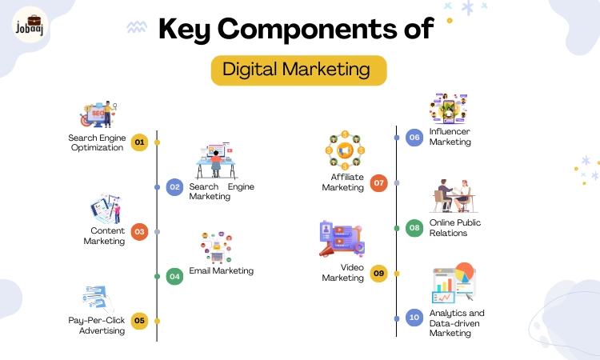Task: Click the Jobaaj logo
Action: pos(30,25)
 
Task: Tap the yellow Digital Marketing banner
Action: pos(299,70)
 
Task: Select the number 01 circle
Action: pos(140,142)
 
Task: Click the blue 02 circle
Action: pos(175,187)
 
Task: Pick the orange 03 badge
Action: pos(140,232)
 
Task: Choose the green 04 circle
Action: pos(175,277)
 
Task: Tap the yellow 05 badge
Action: pos(140,321)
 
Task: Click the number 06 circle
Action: pos(414,138)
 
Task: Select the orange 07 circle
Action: pos(379,183)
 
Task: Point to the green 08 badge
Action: pos(414,228)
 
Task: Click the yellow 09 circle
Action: pos(379,274)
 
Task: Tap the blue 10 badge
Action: pos(414,318)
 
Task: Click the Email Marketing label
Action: pos(221,271)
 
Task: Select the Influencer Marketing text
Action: pos(450,137)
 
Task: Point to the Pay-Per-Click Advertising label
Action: pos(97,325)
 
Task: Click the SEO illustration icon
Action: pos(98,114)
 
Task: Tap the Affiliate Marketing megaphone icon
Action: pos(345,150)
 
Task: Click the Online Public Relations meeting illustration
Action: pos(454,195)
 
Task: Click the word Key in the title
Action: pos(184,29)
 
